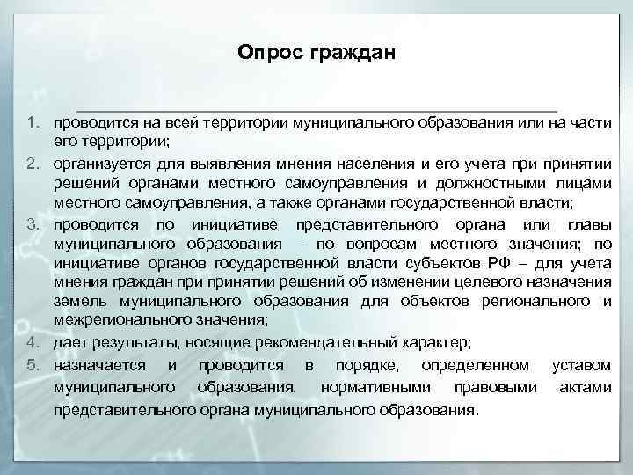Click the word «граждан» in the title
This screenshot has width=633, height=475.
pos(349,55)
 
